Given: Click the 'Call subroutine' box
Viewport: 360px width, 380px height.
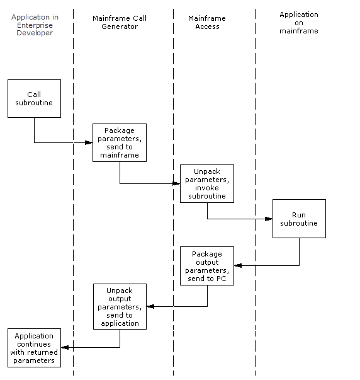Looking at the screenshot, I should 34,98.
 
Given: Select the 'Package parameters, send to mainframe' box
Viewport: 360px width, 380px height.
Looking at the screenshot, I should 119,142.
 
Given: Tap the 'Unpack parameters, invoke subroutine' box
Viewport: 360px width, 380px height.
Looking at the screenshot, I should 207,183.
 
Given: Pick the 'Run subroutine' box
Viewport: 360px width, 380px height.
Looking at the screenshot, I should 299,219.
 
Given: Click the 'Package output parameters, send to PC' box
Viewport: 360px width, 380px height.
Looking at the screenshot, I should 207,265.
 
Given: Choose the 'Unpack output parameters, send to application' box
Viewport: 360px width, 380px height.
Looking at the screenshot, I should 120,306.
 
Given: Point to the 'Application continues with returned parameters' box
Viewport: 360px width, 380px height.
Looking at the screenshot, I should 34,347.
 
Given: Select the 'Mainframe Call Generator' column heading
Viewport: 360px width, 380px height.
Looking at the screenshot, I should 120,23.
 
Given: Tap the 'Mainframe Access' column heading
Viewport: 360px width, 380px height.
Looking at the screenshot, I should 207,23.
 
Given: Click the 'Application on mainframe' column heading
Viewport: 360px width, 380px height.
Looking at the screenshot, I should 299,23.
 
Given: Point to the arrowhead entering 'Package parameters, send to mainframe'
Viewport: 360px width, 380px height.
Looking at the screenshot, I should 89,143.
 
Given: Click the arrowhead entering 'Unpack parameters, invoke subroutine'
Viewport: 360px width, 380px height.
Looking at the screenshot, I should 177,184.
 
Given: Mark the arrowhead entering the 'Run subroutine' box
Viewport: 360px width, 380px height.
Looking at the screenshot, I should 269,219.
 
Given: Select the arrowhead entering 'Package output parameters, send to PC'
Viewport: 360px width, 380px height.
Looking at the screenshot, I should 238,265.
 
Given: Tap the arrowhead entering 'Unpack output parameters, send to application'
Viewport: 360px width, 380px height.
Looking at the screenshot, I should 150,307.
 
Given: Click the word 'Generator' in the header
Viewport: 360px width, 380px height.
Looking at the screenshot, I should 120,27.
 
